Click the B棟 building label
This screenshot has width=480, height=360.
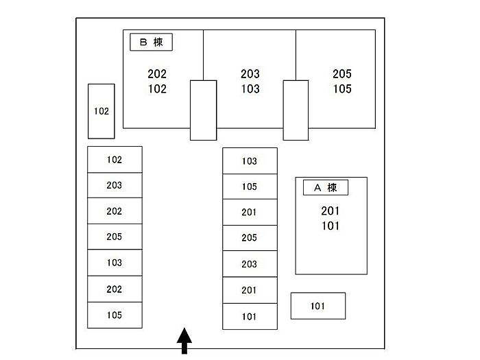(151, 43)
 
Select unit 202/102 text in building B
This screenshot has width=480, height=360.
(157, 81)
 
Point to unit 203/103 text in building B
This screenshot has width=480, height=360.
(250, 81)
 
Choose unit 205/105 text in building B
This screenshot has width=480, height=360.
(342, 81)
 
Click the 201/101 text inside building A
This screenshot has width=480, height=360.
(331, 218)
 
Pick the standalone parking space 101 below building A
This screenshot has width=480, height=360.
(317, 306)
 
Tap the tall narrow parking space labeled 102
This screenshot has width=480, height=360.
(101, 110)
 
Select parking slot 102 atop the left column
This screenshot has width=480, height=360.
(115, 160)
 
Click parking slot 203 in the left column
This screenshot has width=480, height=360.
(115, 186)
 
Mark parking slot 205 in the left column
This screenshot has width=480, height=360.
(115, 237)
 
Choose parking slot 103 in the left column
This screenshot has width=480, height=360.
(115, 263)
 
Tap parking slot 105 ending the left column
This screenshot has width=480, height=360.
(115, 315)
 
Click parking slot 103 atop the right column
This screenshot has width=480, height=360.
(250, 161)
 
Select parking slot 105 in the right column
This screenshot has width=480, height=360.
(250, 187)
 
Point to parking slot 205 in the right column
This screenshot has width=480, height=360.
(250, 238)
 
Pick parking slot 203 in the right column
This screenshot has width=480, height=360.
(250, 264)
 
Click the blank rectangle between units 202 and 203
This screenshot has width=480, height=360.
(203, 110)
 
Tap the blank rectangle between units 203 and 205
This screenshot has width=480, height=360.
(296, 110)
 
